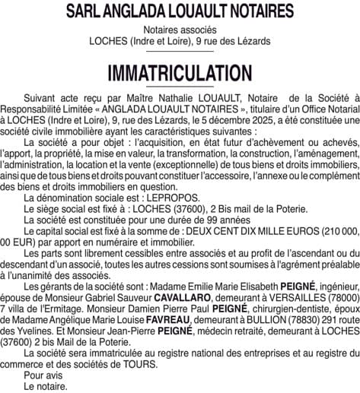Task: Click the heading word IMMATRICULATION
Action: click(x=180, y=73)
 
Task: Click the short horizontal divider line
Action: click(x=180, y=54)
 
